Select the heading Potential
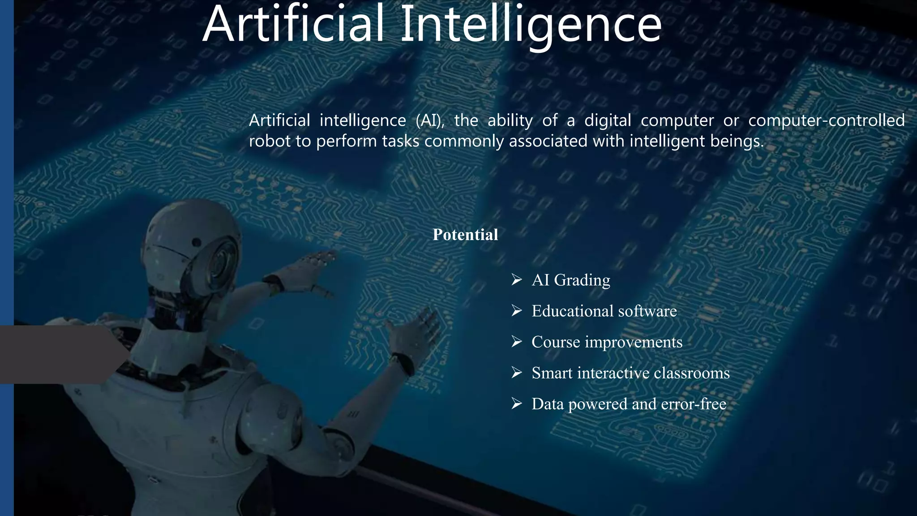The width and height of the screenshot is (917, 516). [x=465, y=235]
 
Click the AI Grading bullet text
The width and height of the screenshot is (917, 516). [x=571, y=280]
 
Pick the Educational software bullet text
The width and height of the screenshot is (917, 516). [x=604, y=311]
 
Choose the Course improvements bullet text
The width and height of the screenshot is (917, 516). [x=607, y=342]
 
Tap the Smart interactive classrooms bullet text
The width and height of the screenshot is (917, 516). [x=630, y=373]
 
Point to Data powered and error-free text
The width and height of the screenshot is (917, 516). [x=629, y=404]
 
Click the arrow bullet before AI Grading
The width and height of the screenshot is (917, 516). [x=517, y=280]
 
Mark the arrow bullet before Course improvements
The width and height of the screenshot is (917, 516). [x=517, y=342]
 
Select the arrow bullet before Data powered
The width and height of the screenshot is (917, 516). [x=517, y=404]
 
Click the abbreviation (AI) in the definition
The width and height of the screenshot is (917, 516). [x=430, y=120]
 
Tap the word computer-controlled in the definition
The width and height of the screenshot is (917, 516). [x=826, y=120]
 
